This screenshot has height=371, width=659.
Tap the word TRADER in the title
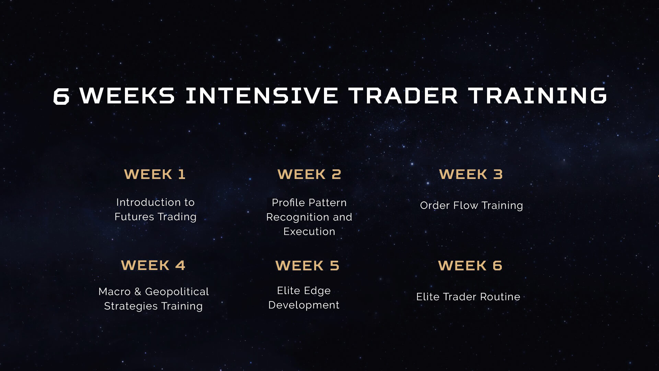403,95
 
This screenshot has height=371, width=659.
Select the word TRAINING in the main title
537,95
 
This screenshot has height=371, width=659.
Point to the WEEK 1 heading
155,174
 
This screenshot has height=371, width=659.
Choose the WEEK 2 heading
309,174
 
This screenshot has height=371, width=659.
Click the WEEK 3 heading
471,174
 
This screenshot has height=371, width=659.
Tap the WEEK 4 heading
153,265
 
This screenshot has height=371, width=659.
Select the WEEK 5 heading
307,266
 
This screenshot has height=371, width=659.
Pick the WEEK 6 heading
470,266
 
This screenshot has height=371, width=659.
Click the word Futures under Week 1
135,217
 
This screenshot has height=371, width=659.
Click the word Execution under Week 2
309,232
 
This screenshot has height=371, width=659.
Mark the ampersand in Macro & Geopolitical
138,292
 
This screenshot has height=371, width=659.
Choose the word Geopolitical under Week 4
177,292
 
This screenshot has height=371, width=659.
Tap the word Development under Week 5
304,305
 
